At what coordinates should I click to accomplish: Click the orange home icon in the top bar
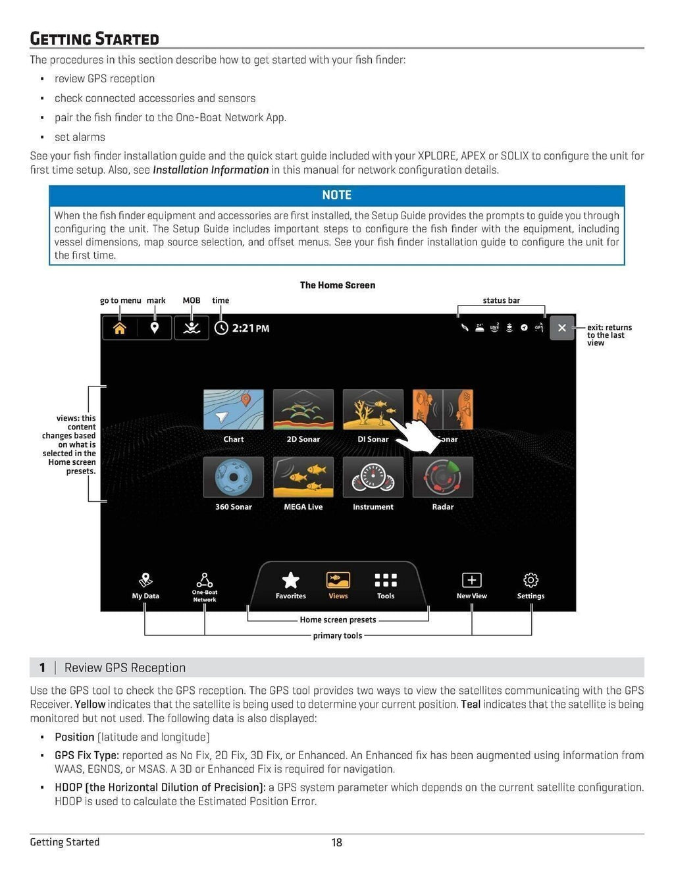(x=120, y=328)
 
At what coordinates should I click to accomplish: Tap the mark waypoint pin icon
(x=155, y=328)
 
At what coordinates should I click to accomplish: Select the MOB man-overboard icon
(x=192, y=328)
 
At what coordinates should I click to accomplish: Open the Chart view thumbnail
(x=234, y=410)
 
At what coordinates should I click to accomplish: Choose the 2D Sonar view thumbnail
(x=303, y=410)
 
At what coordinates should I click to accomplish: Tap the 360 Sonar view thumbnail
(x=234, y=477)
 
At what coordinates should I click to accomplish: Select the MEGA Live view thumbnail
(x=303, y=477)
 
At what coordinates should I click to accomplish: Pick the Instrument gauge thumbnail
(x=373, y=477)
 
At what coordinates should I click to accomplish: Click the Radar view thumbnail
(x=443, y=477)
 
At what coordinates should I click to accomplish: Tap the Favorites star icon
(x=290, y=581)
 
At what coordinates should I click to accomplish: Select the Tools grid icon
(x=386, y=581)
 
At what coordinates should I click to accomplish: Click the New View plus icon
(x=472, y=581)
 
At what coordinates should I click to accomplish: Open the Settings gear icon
(x=531, y=581)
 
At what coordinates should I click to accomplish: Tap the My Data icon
(x=145, y=581)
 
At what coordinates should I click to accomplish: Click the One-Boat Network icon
(x=205, y=581)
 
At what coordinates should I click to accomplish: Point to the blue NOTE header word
(x=337, y=195)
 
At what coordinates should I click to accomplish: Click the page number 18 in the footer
(x=337, y=842)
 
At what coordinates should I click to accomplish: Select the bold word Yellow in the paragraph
(x=90, y=704)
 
